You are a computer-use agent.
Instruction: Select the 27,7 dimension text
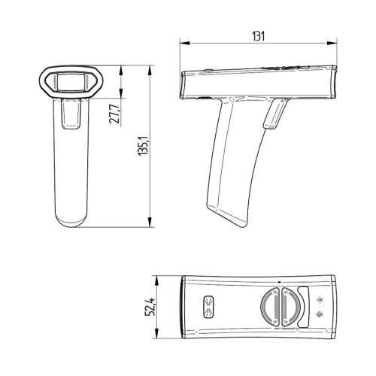tap(114, 115)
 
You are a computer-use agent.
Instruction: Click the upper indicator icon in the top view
tap(321, 296)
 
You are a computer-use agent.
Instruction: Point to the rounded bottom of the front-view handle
tap(72, 223)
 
